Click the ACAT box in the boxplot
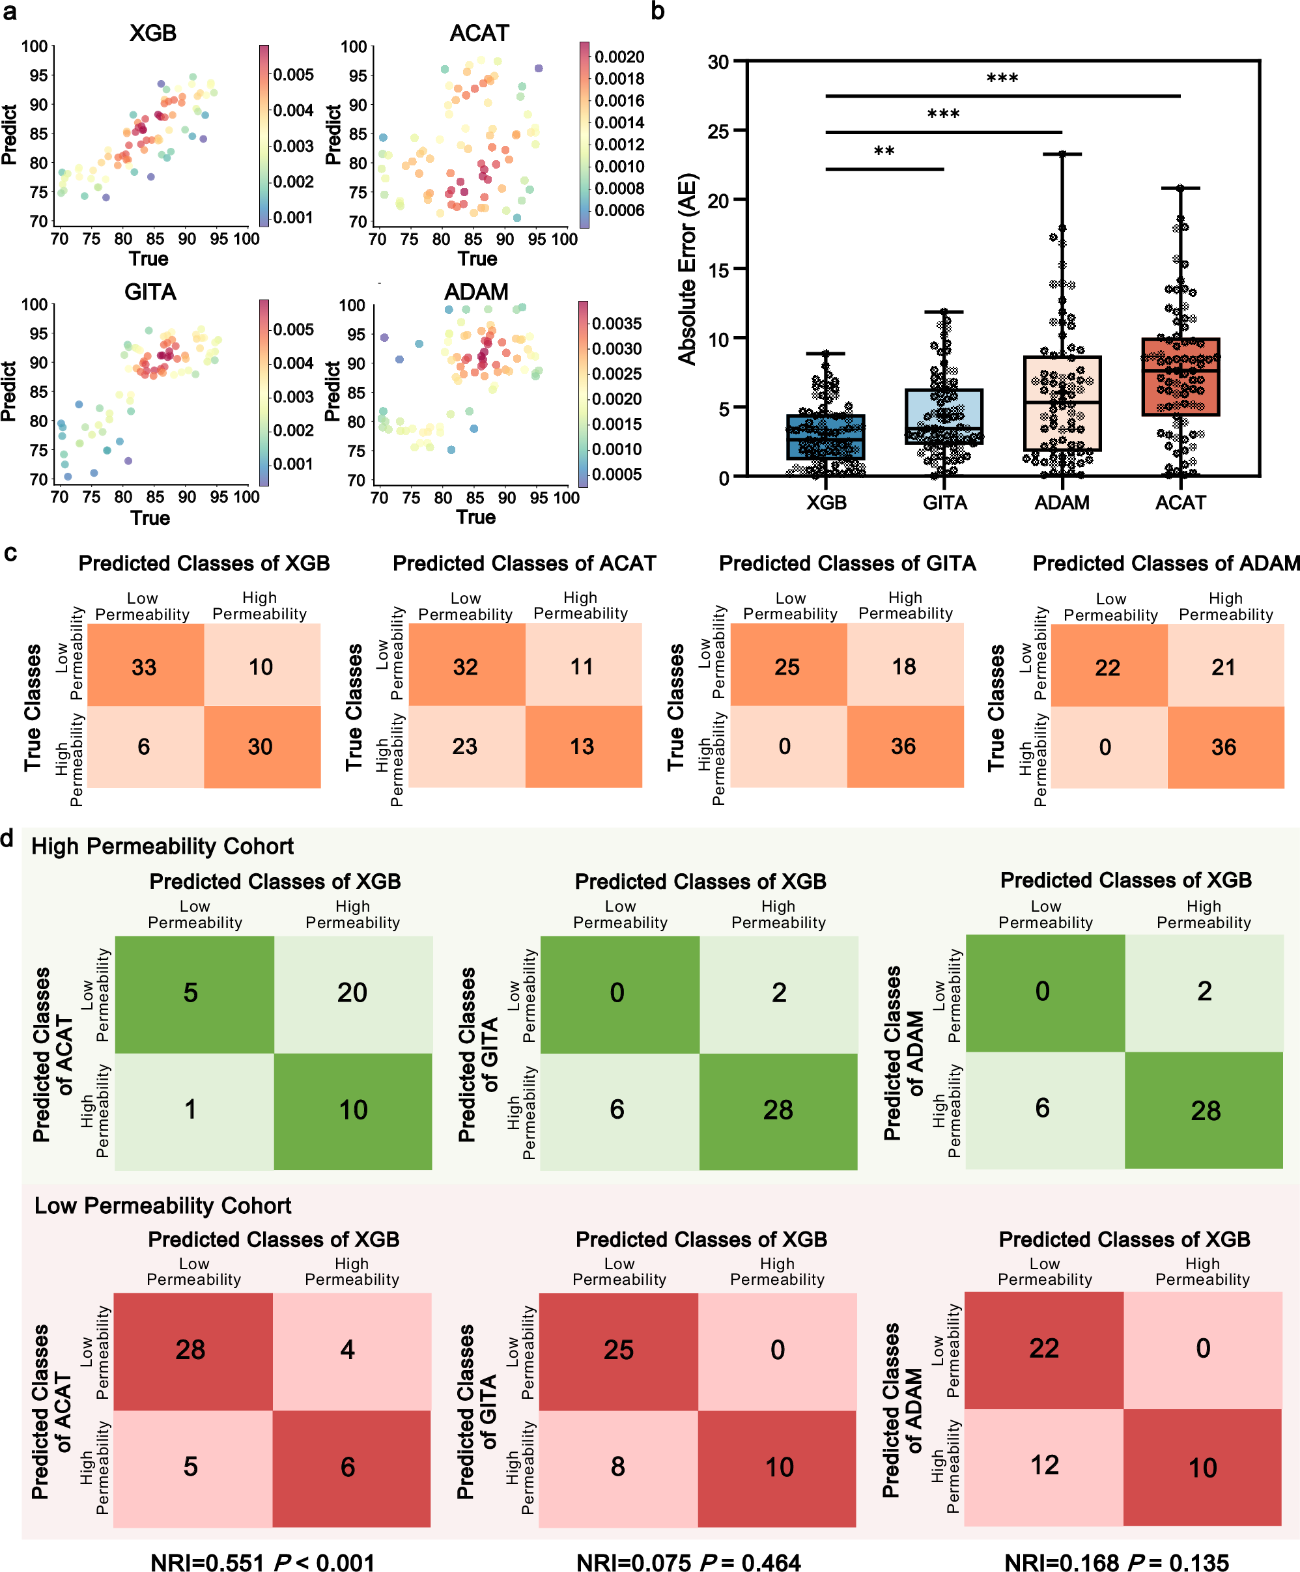(1180, 376)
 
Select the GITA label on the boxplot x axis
(944, 502)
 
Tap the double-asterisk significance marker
(884, 151)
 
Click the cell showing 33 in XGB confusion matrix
(145, 666)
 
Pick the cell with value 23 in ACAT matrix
(465, 746)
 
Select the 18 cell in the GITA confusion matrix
(904, 666)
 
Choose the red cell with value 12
(1044, 1465)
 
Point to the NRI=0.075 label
(634, 1562)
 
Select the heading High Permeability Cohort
(163, 846)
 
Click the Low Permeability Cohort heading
(163, 1205)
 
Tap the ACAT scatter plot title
(479, 33)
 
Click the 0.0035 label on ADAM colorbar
(616, 324)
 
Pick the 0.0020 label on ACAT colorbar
(619, 57)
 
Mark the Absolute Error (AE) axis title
(686, 270)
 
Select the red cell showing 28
(190, 1350)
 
